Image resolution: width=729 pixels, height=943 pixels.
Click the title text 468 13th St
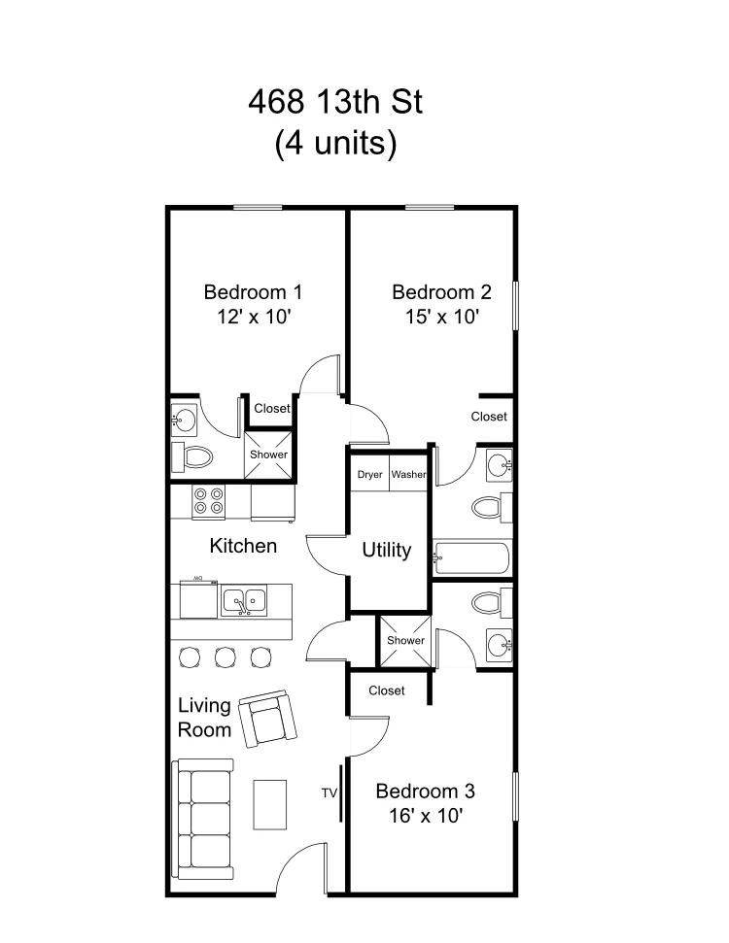pos(335,101)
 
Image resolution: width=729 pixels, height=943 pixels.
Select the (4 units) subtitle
pos(335,144)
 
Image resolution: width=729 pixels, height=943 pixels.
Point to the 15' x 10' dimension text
pos(441,317)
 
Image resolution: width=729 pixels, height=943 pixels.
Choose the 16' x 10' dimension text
pos(425,816)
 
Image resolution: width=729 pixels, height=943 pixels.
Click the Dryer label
pos(369,475)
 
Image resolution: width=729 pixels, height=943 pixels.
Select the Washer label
pos(409,475)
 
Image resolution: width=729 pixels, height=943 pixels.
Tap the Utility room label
pos(386,550)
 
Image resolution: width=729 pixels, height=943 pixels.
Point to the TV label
pos(329,793)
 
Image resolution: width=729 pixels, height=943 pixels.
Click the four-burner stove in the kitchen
pos(209,500)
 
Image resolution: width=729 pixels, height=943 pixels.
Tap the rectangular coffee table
pos(270,805)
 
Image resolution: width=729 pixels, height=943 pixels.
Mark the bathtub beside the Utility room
pos(472,558)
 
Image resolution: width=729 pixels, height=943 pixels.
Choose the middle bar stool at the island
pos(225,657)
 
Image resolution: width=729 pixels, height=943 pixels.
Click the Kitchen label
pos(243,546)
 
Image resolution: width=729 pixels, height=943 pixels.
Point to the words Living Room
pos(204,717)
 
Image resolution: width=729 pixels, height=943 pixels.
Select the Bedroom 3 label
pos(425,790)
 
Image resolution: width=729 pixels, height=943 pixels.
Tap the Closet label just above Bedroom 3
pos(387,690)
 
